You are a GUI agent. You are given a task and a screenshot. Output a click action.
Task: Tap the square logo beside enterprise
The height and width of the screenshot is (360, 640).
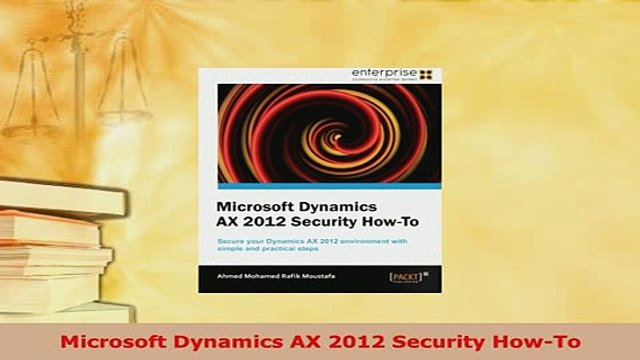(427, 73)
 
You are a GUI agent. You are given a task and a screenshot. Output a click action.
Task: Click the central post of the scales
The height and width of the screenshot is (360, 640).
(79, 90)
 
